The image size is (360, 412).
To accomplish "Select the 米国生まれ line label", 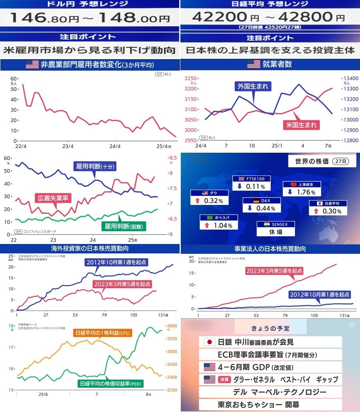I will point(301,125).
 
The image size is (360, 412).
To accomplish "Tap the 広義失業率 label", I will point(53,198).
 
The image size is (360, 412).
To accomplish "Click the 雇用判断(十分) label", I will point(94,166).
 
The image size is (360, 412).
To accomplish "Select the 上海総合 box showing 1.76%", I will point(302,189).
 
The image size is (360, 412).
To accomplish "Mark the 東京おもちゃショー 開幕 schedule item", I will point(258,404).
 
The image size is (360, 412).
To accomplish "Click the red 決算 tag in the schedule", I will point(225,379).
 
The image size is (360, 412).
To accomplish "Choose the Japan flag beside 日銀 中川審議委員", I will point(210,342).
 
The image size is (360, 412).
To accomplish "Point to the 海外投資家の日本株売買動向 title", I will point(90,248).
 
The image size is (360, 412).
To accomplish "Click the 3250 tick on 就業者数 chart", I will point(191,78).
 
